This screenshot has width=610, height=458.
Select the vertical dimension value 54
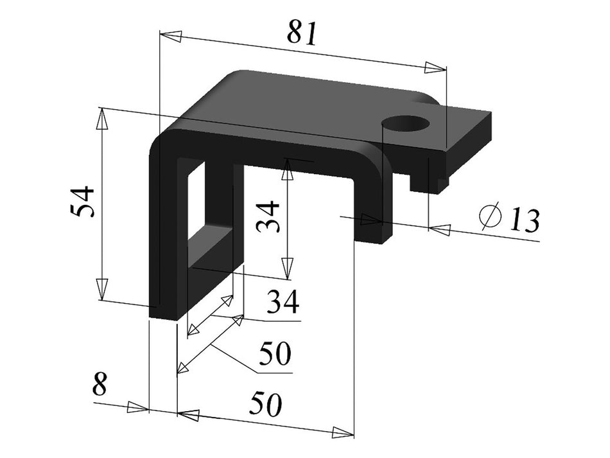83,202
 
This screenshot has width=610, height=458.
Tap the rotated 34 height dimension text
268,216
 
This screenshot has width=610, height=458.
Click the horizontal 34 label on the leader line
283,302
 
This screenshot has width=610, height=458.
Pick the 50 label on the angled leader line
275,353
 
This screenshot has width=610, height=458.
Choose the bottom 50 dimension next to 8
266,405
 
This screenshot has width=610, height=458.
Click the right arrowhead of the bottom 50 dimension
343,432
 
